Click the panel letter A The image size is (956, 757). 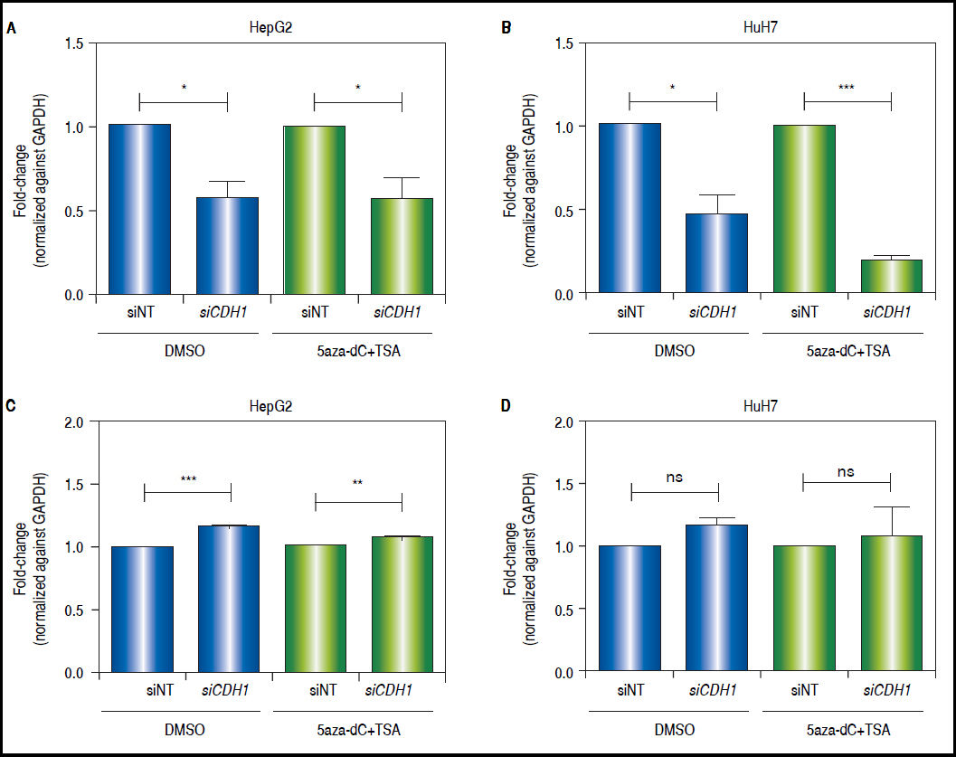click(11, 28)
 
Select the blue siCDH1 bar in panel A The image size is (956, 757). click(227, 246)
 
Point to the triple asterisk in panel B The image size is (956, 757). click(847, 88)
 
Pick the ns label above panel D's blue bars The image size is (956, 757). click(674, 472)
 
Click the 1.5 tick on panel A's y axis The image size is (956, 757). click(81, 43)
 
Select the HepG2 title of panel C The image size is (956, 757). click(272, 406)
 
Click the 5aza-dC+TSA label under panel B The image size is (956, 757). click(847, 351)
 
